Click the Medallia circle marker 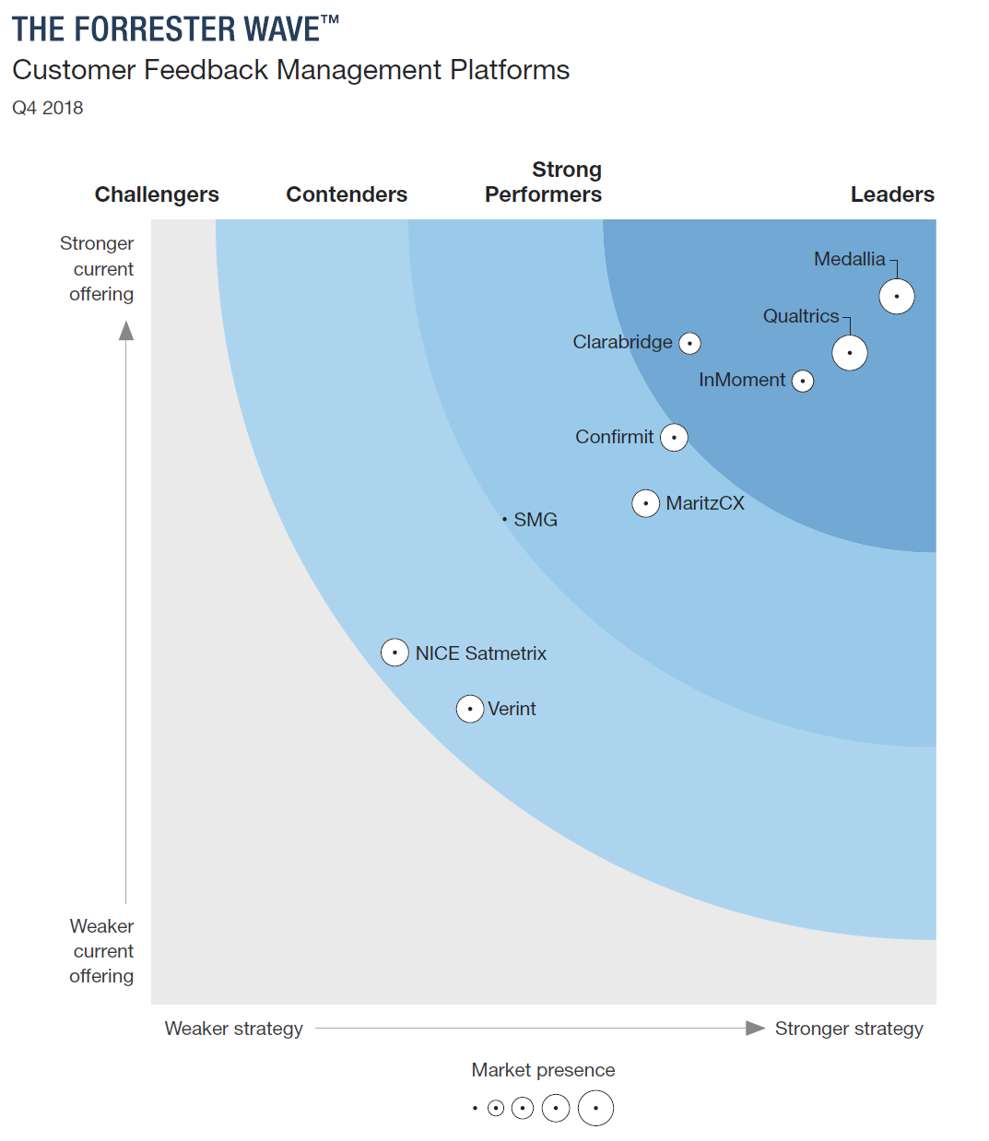tap(896, 297)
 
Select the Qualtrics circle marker tap(849, 353)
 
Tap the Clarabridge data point tap(689, 344)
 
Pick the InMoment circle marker tap(803, 382)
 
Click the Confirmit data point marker tap(674, 438)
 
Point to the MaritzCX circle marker tap(645, 503)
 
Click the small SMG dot tap(504, 520)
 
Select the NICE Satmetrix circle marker tap(394, 653)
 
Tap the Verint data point tap(470, 709)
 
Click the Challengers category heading tap(157, 194)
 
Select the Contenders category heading tap(347, 194)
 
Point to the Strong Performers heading tap(544, 182)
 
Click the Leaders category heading tap(891, 194)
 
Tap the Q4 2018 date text tap(48, 108)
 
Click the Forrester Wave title tap(175, 29)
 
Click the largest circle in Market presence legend tap(595, 1108)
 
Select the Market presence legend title tap(543, 1070)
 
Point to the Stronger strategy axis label tap(848, 1029)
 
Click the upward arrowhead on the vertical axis tap(126, 331)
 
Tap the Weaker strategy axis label tap(233, 1029)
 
